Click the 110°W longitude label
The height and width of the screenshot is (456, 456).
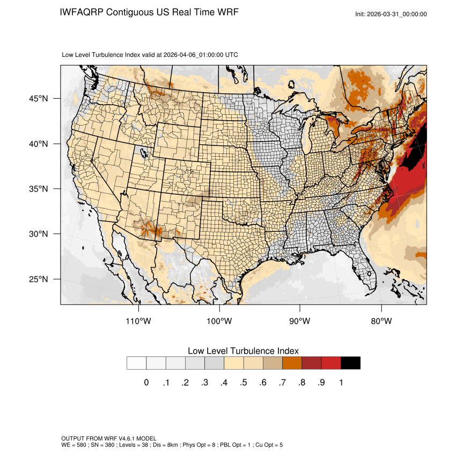[x=138, y=321]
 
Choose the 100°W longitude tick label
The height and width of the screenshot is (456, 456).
[x=219, y=321]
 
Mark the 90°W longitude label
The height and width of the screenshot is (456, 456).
[x=300, y=321]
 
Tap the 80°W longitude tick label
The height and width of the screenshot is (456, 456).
[x=381, y=321]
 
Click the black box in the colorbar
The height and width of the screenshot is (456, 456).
[x=350, y=363]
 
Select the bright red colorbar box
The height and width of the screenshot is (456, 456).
[x=331, y=363]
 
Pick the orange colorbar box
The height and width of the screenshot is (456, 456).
[x=292, y=363]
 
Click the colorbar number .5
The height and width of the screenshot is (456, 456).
[x=243, y=383]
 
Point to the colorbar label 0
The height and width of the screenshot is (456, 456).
[x=146, y=383]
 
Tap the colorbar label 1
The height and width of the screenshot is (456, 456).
[x=341, y=383]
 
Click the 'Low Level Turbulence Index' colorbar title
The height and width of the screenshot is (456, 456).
[x=243, y=351]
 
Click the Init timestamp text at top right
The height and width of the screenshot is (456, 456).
[x=391, y=14]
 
